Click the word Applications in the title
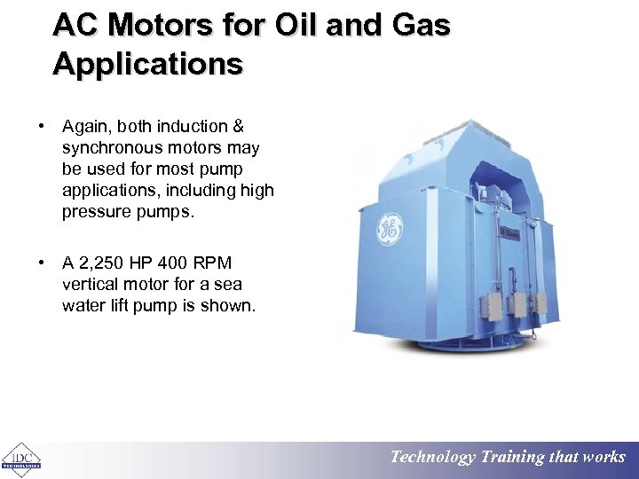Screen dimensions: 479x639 coord(147,64)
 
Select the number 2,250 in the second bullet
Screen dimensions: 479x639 coord(110,263)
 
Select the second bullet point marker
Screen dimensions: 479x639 coord(42,263)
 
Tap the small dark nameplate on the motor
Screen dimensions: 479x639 coord(509,232)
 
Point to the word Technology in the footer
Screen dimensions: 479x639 coord(433,458)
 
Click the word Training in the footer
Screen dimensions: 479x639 coord(512,458)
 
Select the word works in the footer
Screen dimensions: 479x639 coord(604,458)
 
